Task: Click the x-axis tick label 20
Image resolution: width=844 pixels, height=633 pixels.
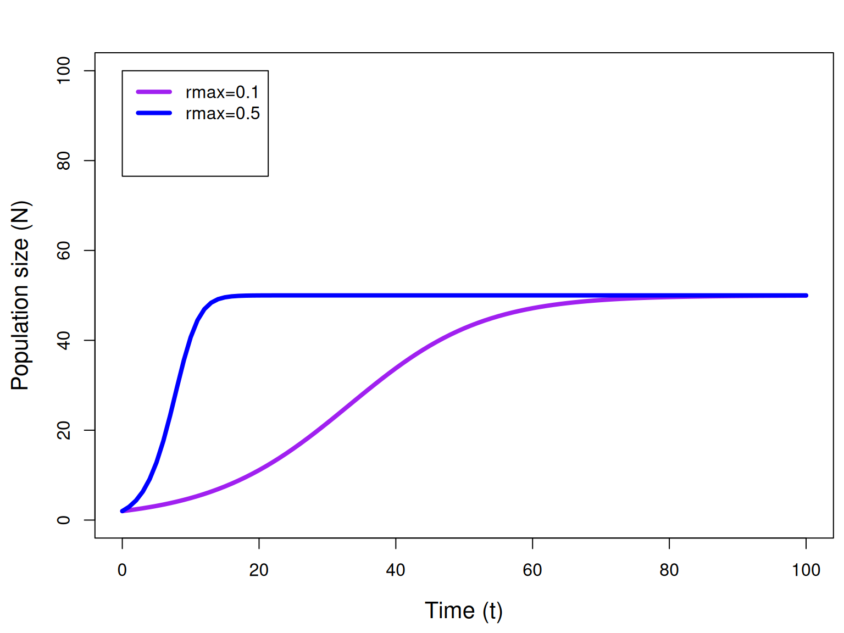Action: (258, 570)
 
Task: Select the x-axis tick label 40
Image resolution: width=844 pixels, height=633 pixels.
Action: (395, 570)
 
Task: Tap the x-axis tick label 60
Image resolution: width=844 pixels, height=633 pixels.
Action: (532, 570)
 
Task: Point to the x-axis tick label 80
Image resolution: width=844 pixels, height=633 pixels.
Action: (669, 570)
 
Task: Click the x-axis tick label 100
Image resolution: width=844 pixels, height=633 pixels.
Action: (806, 570)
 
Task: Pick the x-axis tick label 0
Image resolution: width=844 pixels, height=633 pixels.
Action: (122, 570)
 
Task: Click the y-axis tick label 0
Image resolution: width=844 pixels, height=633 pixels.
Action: (63, 520)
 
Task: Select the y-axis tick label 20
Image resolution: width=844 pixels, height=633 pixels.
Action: (63, 430)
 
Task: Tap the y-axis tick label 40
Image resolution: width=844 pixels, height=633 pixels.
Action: (63, 340)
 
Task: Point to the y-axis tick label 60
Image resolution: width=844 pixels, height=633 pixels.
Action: (63, 250)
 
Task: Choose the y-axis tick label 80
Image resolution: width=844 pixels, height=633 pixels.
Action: (63, 160)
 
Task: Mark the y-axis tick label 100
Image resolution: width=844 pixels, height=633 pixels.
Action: (63, 70)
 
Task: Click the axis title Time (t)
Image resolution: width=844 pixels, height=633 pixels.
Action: (463, 610)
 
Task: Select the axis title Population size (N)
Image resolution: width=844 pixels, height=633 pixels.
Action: (20, 295)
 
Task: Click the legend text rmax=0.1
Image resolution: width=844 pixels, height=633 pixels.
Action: (222, 92)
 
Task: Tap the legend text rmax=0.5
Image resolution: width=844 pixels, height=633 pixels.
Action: (222, 113)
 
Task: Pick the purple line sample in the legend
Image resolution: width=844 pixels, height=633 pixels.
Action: (154, 92)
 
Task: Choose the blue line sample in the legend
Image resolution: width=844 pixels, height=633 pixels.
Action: (154, 113)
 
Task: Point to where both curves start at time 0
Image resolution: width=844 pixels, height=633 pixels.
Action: (123, 511)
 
